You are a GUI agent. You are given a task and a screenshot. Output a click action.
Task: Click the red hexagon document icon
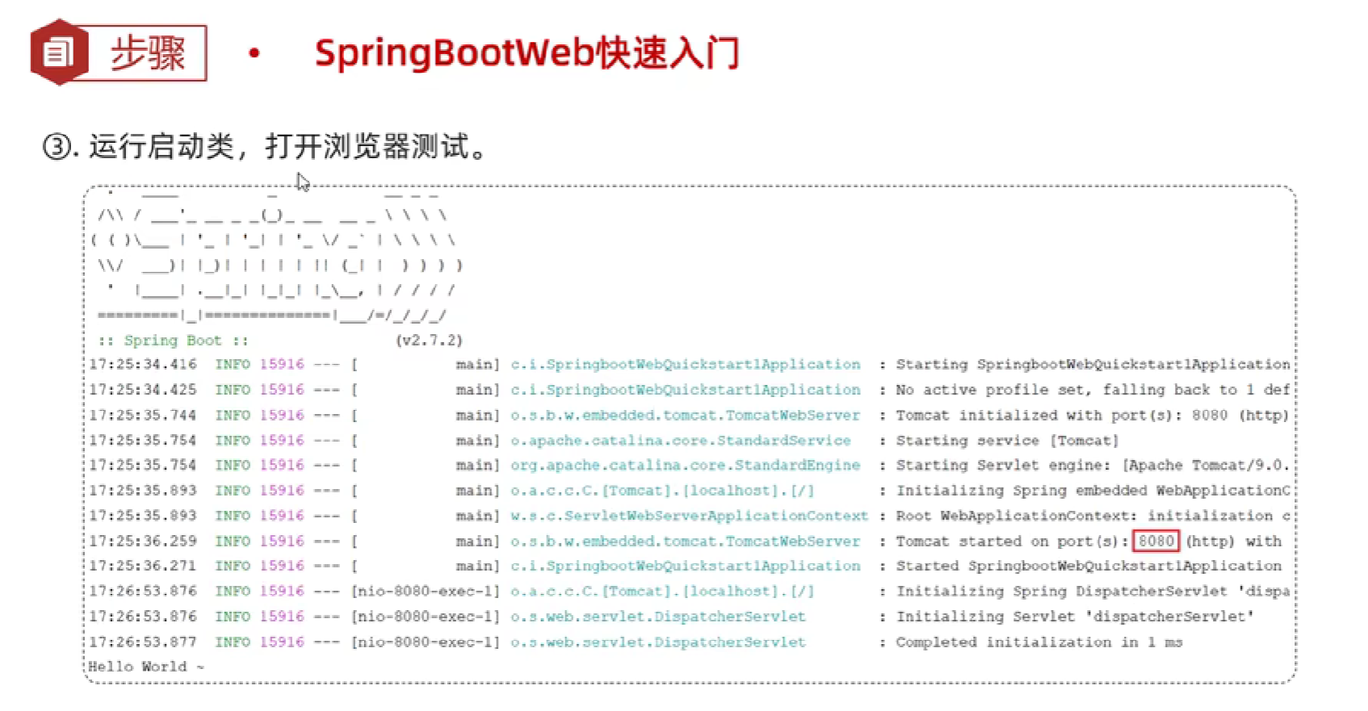[57, 53]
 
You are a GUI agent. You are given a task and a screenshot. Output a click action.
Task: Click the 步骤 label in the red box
[148, 53]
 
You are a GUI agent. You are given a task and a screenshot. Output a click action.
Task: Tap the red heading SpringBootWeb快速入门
[527, 53]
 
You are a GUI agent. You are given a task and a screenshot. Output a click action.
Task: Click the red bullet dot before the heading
[254, 54]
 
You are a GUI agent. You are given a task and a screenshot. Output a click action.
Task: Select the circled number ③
[57, 147]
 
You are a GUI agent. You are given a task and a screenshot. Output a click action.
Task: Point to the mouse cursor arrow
[302, 182]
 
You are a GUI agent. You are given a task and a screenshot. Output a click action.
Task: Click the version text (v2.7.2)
[429, 340]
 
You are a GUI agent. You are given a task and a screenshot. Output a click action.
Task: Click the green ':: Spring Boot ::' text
[173, 340]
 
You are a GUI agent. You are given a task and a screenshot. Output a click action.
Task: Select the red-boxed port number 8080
[1156, 541]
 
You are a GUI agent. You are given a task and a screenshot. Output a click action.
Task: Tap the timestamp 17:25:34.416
[143, 364]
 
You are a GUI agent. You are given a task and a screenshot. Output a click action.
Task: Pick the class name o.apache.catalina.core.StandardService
[680, 440]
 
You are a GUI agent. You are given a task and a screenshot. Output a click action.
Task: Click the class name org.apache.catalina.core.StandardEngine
[685, 465]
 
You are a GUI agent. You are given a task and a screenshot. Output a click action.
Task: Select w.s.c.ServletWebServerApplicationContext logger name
[689, 516]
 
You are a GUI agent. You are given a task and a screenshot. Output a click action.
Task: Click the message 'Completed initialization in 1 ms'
[1039, 642]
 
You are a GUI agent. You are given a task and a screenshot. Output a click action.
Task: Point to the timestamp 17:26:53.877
[143, 642]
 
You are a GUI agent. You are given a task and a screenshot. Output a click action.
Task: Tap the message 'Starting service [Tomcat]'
[1007, 440]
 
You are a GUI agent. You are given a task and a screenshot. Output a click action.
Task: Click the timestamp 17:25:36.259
[143, 541]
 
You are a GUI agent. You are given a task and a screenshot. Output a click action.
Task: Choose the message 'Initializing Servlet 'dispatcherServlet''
[1074, 617]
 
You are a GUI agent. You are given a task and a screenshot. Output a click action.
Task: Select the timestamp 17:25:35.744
[143, 415]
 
